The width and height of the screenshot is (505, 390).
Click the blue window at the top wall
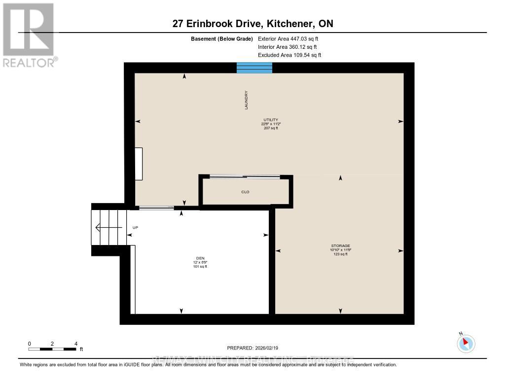[x=254, y=68]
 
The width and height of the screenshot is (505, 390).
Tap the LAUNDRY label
[x=246, y=100]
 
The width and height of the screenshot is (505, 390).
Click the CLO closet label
[x=246, y=192]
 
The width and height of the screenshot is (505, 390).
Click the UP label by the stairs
[x=135, y=228]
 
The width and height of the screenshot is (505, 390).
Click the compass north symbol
[x=466, y=343]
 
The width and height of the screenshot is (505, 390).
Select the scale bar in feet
[x=52, y=349]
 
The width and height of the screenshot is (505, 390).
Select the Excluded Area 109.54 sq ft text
[x=289, y=55]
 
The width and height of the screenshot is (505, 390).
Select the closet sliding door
[x=245, y=177]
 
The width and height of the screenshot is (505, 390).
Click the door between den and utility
[x=156, y=208]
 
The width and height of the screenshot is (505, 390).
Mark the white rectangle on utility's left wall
[x=139, y=164]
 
